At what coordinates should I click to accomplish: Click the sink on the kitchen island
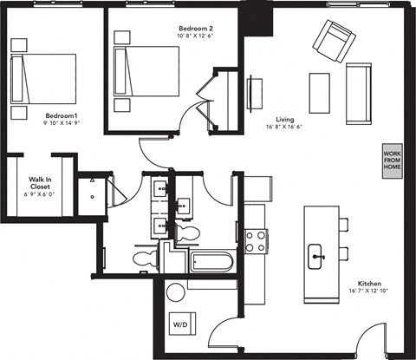pos(317,254)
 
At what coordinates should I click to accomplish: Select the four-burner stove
pos(254,239)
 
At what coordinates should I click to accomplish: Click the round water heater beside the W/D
pos(177,291)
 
